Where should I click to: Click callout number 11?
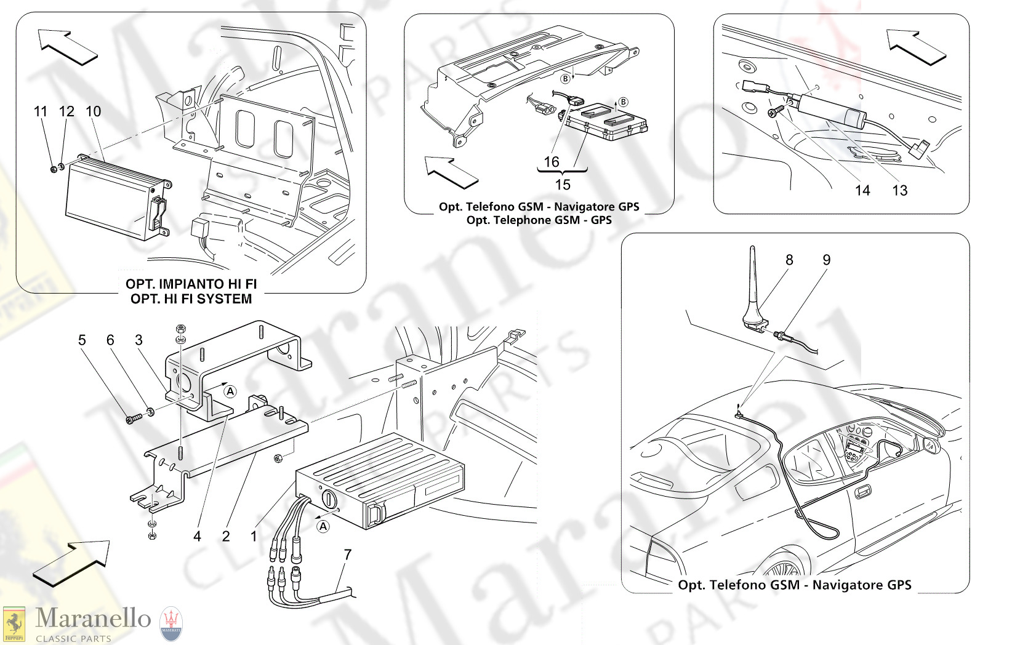tap(41, 111)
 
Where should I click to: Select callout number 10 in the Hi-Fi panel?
tap(93, 111)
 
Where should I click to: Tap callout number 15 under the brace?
tap(563, 185)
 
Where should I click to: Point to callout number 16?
tap(552, 162)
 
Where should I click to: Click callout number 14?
tap(862, 191)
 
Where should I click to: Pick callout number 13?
tap(900, 191)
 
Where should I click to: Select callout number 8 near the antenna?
tap(789, 260)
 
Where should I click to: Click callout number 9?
tap(827, 260)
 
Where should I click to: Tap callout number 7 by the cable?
tap(348, 555)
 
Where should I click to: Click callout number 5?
tap(82, 340)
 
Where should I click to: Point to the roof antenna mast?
tap(753, 283)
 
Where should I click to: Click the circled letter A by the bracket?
tap(230, 391)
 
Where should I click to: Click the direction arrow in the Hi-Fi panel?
tap(66, 47)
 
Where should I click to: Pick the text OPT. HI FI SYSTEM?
tap(191, 299)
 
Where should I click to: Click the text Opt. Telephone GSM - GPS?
tap(539, 220)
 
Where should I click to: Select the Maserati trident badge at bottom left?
tap(171, 623)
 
